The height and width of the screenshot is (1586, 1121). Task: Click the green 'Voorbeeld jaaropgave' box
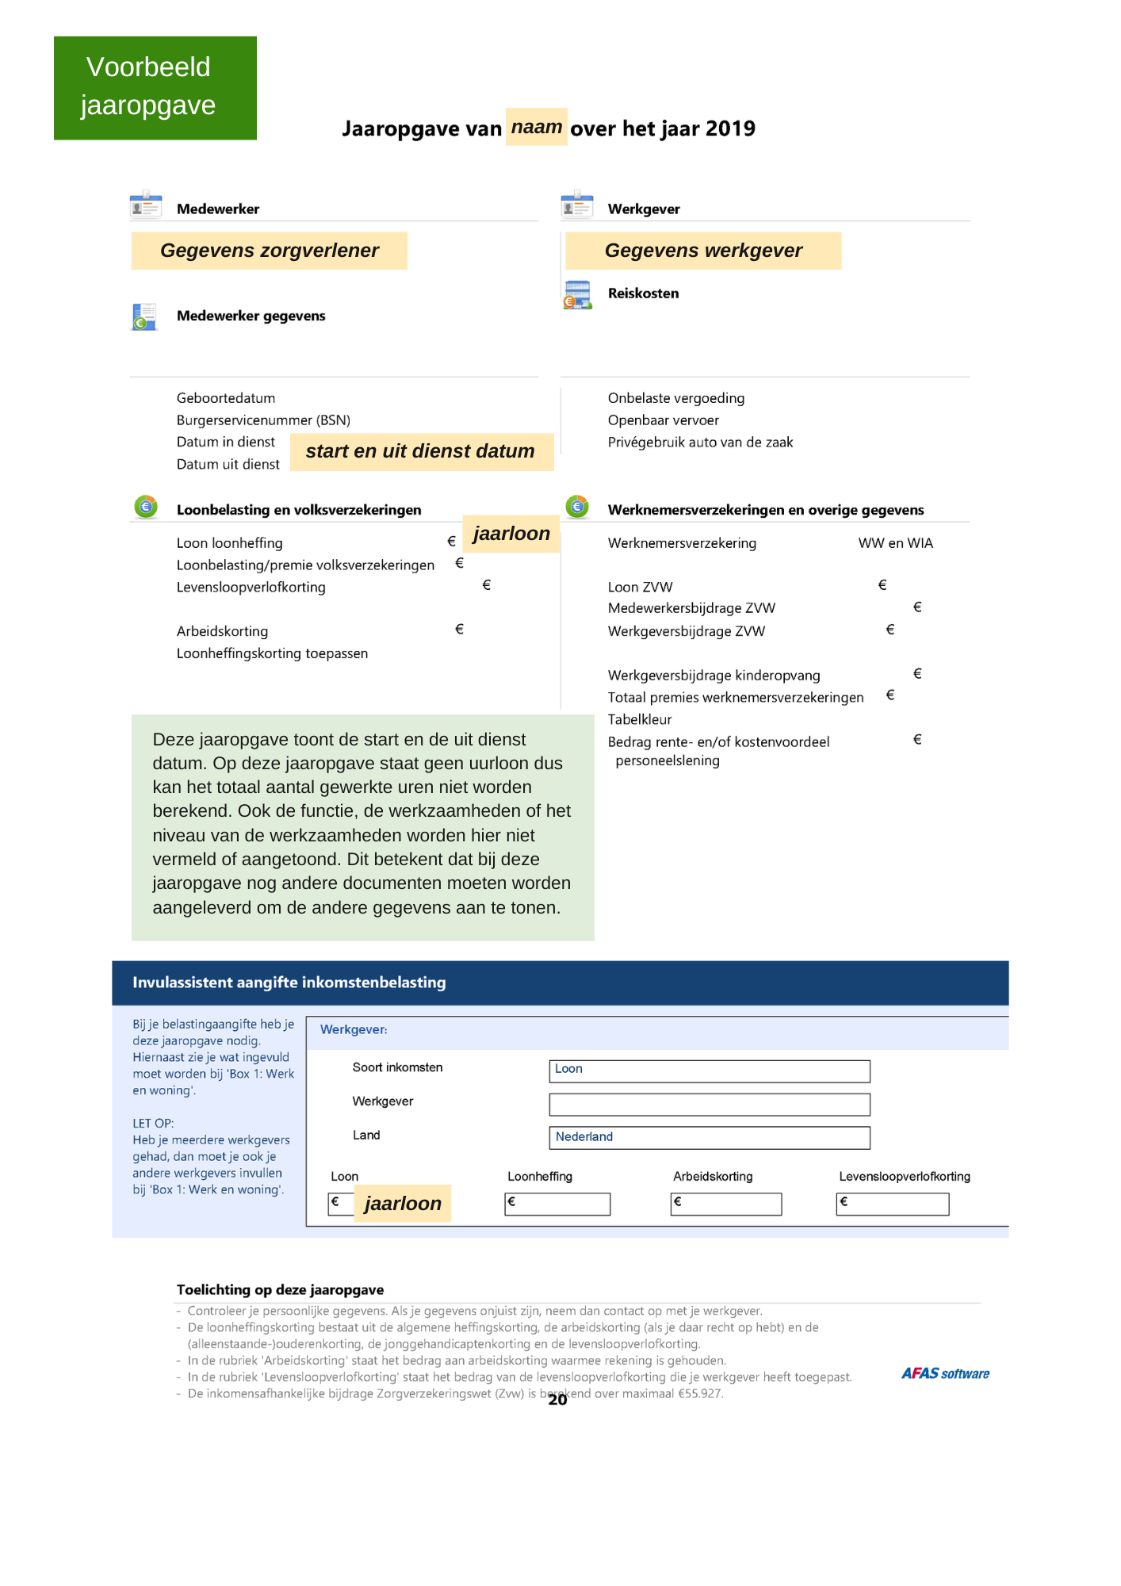click(155, 87)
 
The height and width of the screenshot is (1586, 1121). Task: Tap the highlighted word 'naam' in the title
click(536, 127)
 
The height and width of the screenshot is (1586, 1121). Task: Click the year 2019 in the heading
click(730, 128)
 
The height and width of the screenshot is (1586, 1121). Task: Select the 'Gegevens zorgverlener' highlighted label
click(269, 251)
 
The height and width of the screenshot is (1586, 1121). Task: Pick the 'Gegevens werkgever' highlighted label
click(702, 251)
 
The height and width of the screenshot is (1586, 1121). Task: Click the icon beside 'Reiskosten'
click(577, 294)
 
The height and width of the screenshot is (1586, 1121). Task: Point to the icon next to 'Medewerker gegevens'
click(144, 316)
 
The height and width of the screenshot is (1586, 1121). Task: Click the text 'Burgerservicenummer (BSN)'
click(263, 420)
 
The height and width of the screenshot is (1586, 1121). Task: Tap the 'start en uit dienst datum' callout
click(420, 451)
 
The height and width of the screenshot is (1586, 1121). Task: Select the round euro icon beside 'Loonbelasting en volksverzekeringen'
click(146, 507)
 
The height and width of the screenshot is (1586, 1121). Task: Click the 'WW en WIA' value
click(895, 543)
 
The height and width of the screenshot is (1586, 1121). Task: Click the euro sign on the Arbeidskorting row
click(459, 630)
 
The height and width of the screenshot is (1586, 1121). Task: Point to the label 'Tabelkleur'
click(639, 720)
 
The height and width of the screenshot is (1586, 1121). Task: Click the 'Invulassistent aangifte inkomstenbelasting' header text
click(289, 983)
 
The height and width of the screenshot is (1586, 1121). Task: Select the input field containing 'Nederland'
click(709, 1137)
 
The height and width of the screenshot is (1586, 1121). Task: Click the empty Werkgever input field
click(709, 1104)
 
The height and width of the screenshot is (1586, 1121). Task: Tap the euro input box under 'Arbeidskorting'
click(725, 1204)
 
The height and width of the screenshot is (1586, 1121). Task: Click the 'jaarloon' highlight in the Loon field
click(402, 1204)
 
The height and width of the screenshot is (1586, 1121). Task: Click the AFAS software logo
click(944, 1373)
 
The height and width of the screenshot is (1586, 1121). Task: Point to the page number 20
click(557, 1400)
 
